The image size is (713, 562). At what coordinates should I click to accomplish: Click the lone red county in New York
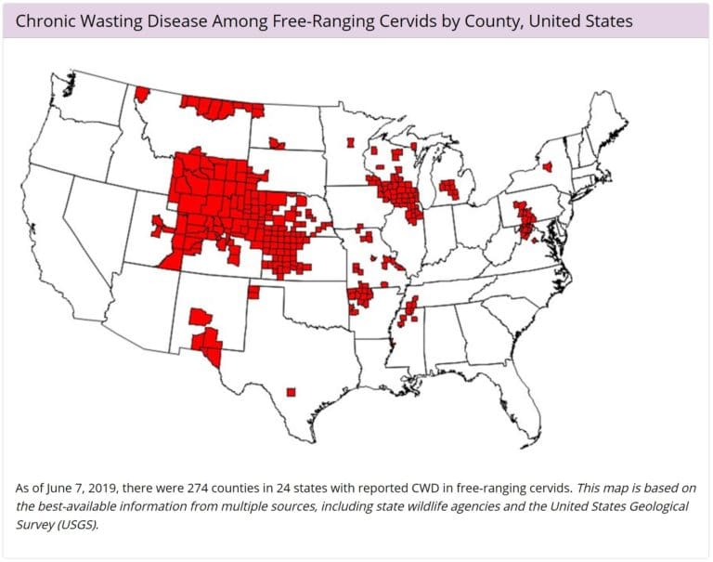tap(546, 167)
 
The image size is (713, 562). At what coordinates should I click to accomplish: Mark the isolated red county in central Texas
tap(291, 391)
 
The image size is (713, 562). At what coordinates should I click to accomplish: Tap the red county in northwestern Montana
tap(142, 94)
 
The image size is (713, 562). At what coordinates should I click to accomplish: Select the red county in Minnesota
tap(350, 143)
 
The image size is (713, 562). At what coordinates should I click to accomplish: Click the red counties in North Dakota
tap(276, 143)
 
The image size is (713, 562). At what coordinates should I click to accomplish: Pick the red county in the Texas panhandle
tap(253, 293)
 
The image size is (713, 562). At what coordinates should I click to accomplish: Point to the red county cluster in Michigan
tap(449, 189)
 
